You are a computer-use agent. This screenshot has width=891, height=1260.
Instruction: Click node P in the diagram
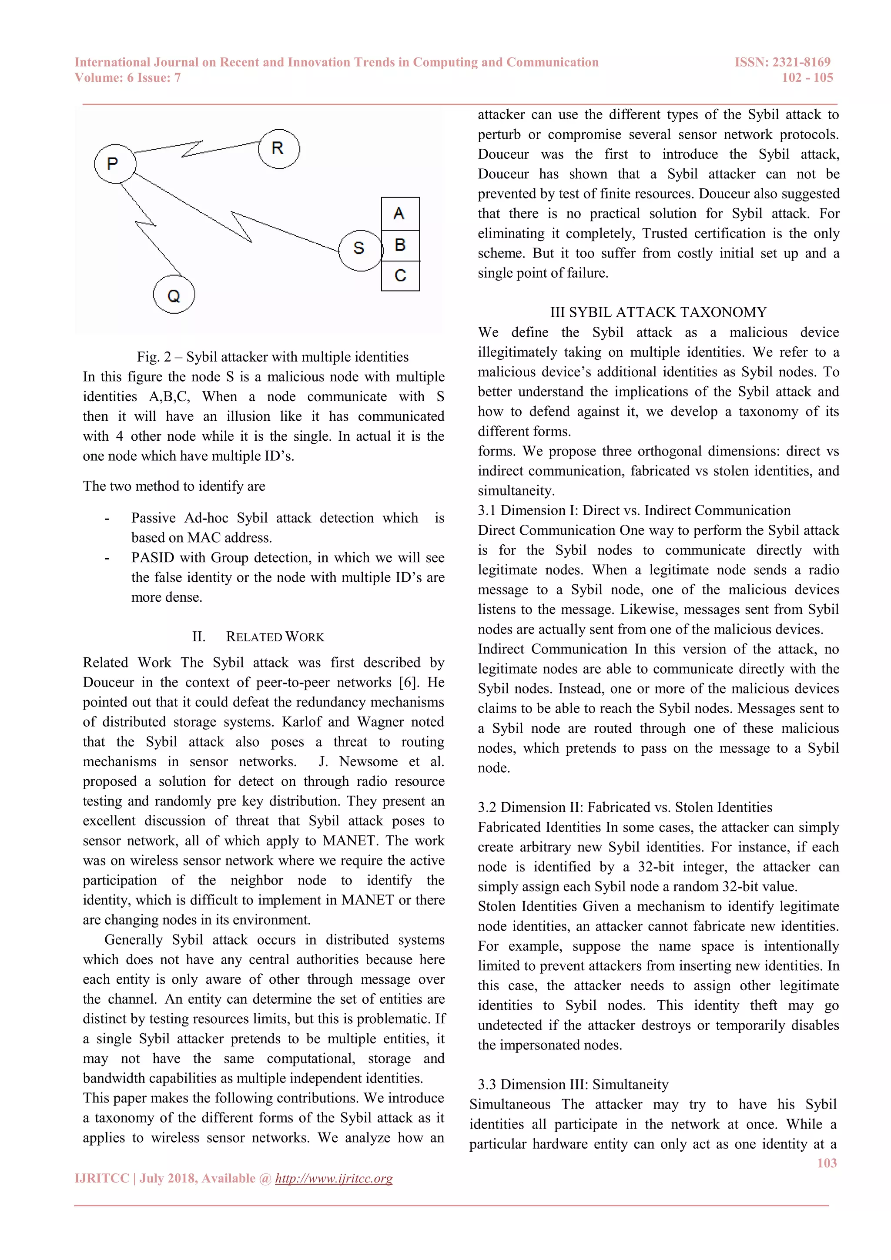(115, 164)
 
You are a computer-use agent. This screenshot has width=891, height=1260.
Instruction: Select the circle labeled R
(279, 149)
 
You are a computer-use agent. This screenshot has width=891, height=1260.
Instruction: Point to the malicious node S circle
(359, 250)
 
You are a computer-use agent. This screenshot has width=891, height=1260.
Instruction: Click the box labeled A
(400, 214)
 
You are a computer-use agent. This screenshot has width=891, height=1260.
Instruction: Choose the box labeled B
(400, 245)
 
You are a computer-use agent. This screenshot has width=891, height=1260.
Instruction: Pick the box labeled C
(400, 275)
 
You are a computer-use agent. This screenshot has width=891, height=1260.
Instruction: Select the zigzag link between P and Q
(147, 225)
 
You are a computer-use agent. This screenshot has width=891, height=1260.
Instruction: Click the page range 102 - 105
(807, 78)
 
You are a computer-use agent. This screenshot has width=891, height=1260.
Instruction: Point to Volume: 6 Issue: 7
(128, 78)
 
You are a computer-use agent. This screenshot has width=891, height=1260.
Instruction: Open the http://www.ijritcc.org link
(334, 1178)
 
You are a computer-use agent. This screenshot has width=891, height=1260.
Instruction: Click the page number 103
(826, 1163)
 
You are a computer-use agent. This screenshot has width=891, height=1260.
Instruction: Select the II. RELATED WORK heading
(258, 637)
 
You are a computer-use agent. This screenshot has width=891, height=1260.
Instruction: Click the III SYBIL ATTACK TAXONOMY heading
(658, 312)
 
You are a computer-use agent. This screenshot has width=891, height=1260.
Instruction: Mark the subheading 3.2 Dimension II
(624, 807)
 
